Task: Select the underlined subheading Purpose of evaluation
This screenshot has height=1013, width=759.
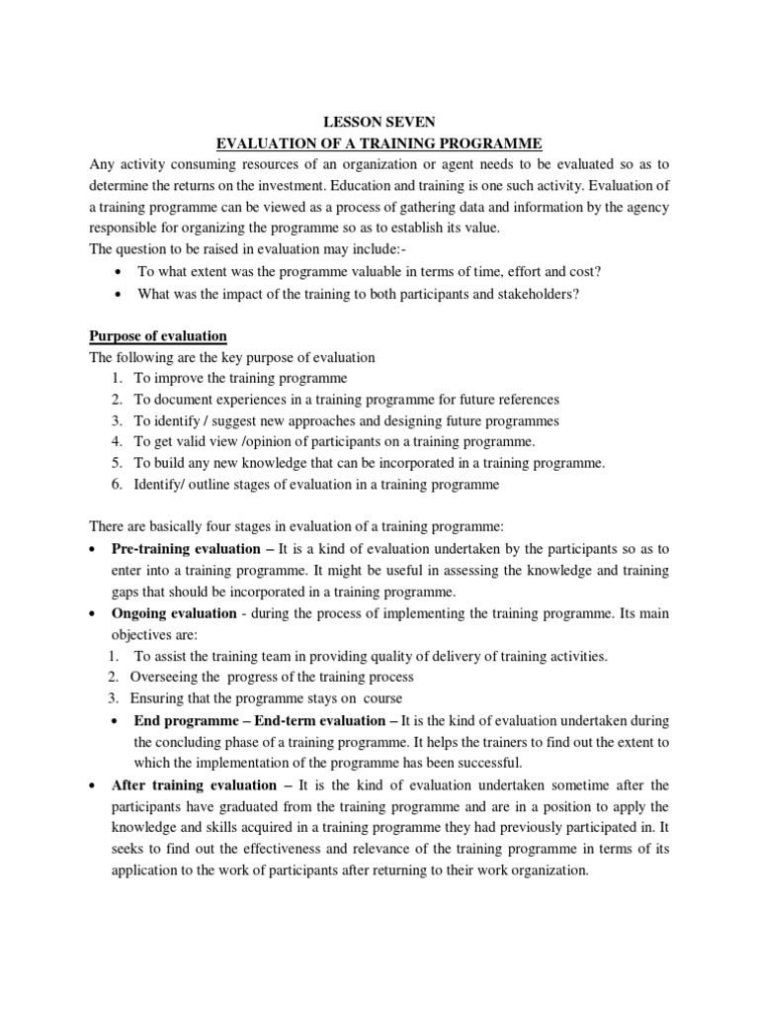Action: point(158,336)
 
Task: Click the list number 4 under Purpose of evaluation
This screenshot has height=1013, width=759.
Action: point(117,442)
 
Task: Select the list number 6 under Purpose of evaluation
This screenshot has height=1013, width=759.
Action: point(117,485)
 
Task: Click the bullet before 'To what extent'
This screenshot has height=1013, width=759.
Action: point(119,272)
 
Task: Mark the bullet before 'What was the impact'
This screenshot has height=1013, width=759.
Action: point(119,294)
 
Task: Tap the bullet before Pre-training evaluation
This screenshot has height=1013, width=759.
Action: point(93,549)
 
